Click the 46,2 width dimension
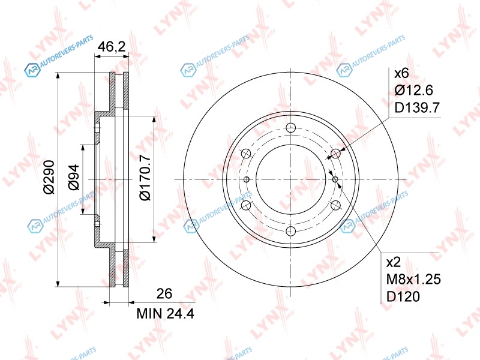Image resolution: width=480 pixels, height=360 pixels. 112,47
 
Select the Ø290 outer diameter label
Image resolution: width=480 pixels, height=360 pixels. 49,177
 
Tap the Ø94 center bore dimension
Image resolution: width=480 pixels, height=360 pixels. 73,177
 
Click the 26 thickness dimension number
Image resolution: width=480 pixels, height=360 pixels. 164,293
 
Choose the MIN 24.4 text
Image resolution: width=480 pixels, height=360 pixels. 166,313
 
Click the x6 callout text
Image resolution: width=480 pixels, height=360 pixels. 401,73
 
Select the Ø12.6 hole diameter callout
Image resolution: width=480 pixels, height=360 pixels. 413,90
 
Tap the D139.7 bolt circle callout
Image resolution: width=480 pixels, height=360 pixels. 417,107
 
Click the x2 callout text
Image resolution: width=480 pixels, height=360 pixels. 394,262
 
